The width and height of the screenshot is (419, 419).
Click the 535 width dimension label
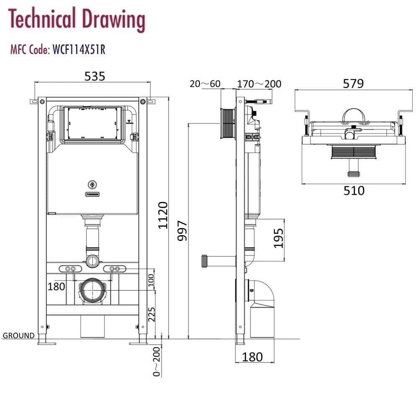click(95, 76)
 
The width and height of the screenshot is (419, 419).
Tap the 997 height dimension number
click(182, 231)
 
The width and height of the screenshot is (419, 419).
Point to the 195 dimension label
click(279, 238)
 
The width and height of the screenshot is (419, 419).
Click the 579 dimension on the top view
click(353, 83)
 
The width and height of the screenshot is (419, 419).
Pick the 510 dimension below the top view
click(354, 191)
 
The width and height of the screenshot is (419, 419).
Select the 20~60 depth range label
click(205, 84)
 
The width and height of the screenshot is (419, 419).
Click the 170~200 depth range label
click(259, 84)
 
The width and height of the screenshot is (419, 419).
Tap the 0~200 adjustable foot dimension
click(157, 362)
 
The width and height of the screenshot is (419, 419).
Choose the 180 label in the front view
click(56, 287)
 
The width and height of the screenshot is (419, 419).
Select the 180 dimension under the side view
click(253, 357)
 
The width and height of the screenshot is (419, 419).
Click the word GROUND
click(18, 335)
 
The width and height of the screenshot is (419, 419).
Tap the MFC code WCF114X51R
click(78, 50)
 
